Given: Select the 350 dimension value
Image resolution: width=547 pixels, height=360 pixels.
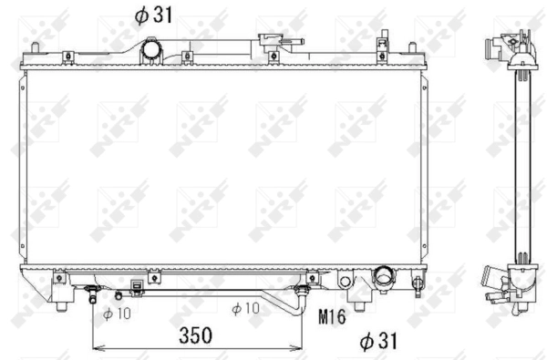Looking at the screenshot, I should tap(195, 334).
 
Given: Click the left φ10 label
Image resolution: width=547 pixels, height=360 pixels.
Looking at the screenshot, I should tap(116, 313).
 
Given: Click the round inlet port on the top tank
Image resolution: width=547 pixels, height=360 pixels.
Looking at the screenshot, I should tap(150, 51).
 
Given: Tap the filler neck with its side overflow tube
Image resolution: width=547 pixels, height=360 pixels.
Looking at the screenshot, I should tap(271, 41).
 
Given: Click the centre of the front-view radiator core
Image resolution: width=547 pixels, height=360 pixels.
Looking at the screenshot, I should tap(223, 169).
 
